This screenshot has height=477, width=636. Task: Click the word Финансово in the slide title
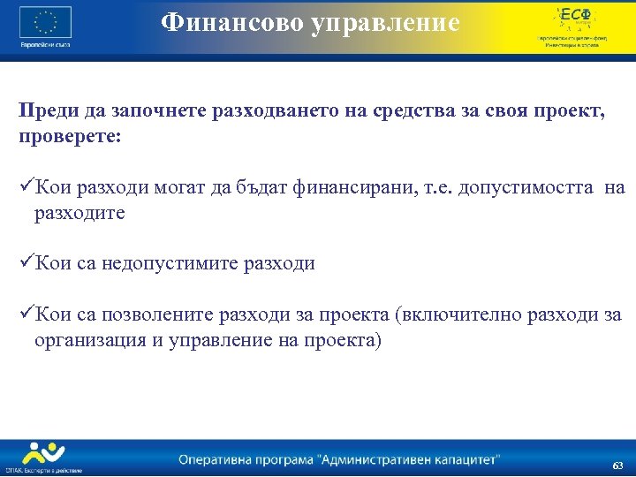(x=231, y=22)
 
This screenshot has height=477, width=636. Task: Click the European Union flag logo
(x=46, y=21)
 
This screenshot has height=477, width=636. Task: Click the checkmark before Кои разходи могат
(x=26, y=187)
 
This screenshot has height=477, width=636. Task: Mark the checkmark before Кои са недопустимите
(x=26, y=263)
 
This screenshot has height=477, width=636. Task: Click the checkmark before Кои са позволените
(x=26, y=314)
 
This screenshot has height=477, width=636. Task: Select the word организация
(x=87, y=340)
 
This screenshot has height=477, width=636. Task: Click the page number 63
(x=617, y=465)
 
